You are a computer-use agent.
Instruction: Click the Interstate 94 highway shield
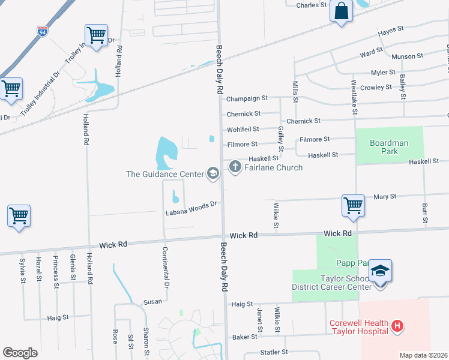[x=43, y=31]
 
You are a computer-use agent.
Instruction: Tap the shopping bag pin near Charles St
[x=341, y=11]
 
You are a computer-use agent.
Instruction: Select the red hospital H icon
[x=396, y=326]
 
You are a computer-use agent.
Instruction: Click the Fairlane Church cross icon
[x=234, y=167]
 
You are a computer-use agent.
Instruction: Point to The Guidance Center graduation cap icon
[x=212, y=174]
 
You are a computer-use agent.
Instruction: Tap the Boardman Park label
[x=389, y=147]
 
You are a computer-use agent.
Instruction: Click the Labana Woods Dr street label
[x=191, y=208]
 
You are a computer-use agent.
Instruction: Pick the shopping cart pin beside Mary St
[x=353, y=205]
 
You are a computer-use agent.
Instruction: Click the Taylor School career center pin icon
[x=381, y=271]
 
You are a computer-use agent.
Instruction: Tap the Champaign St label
[x=247, y=98]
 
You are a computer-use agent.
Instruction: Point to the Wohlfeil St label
[x=243, y=129]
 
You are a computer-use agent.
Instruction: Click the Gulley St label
[x=280, y=139]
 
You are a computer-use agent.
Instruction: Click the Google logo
[x=20, y=352]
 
